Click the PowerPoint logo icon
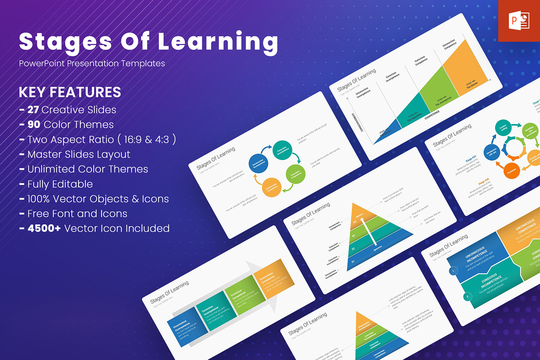(519, 21)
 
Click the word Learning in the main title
(218, 42)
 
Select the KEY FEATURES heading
(70, 92)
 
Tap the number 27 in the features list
(33, 110)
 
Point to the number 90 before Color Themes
(34, 124)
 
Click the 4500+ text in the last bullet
(44, 228)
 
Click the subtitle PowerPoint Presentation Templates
(92, 63)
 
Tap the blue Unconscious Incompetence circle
(258, 163)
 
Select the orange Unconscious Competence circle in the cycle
(271, 187)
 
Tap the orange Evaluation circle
(512, 170)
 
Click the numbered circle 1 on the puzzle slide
(453, 271)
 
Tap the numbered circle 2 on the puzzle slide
(467, 297)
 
